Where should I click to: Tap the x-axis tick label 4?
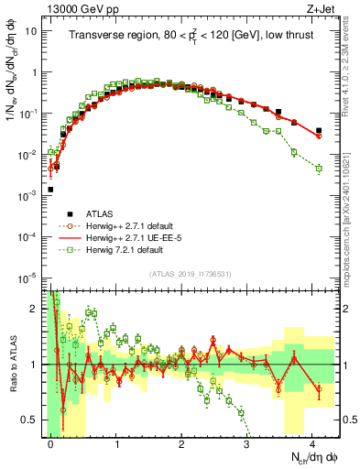(x=312, y=443)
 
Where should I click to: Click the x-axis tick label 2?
(x=181, y=443)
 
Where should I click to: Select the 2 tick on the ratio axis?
(x=35, y=309)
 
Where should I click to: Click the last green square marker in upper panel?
(x=319, y=169)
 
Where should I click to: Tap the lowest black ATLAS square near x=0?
(x=50, y=190)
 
